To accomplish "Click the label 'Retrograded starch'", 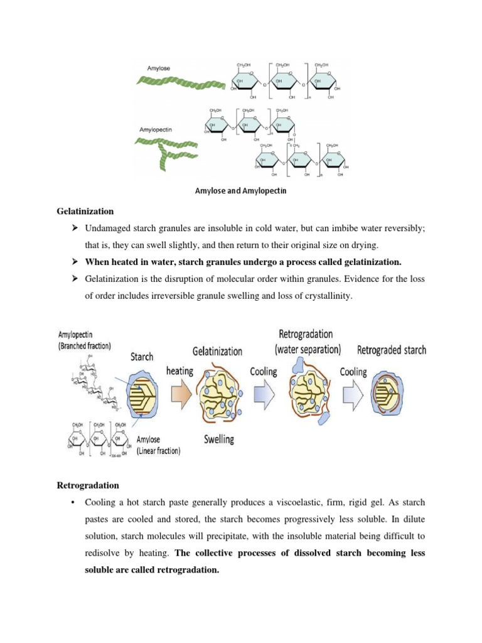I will (392, 350).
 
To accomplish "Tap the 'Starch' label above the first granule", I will (141, 356).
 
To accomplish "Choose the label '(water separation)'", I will (307, 349).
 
